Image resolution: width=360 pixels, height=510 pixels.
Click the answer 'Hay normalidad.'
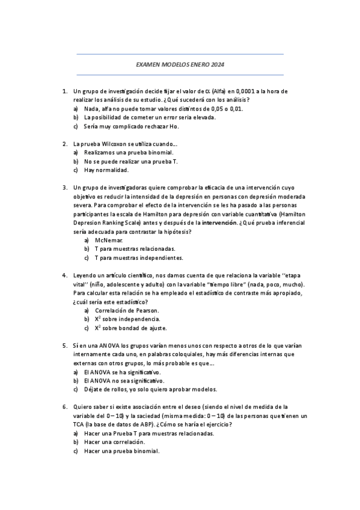(106, 170)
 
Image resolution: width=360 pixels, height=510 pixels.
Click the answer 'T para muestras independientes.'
(139, 258)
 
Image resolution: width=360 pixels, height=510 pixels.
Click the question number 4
(64, 275)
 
